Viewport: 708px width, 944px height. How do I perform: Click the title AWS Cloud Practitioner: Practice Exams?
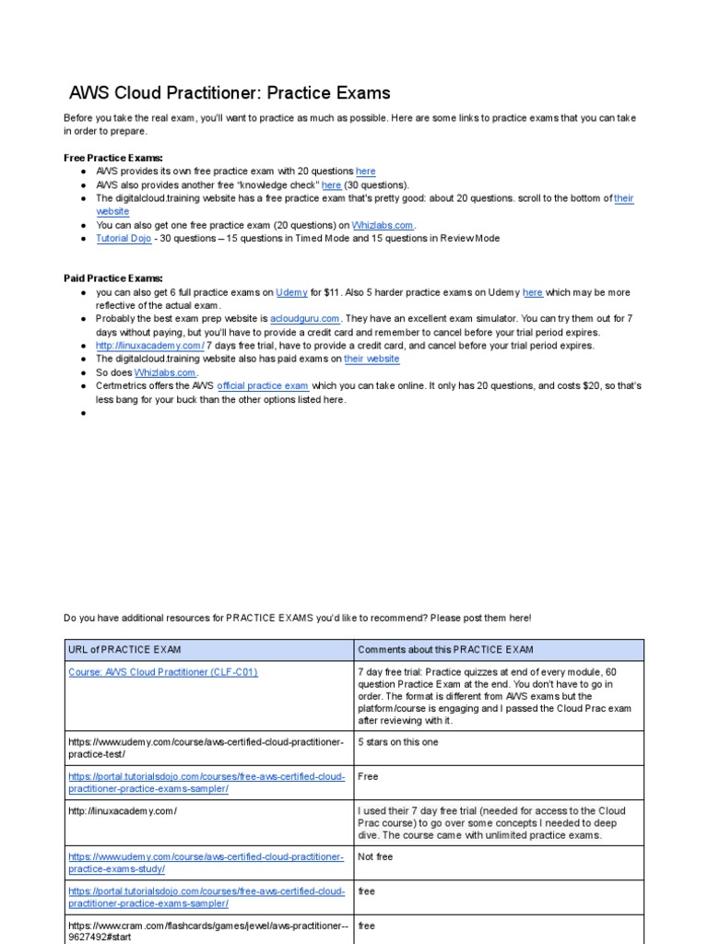click(230, 93)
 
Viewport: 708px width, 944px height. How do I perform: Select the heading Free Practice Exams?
click(112, 158)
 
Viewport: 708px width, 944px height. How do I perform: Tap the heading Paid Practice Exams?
click(112, 277)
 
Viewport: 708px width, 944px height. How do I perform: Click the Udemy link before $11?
click(291, 292)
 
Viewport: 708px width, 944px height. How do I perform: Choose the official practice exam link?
click(262, 385)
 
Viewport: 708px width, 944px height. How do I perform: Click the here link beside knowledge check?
click(331, 184)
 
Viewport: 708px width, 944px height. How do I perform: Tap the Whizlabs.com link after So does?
click(166, 372)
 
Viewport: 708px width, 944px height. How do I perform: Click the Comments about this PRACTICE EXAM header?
click(445, 650)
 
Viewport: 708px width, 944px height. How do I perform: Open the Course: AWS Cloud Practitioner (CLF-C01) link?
click(163, 672)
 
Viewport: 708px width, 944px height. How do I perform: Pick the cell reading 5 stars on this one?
click(397, 742)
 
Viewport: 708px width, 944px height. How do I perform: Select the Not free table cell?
click(375, 856)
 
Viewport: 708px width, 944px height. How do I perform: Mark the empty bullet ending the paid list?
click(83, 413)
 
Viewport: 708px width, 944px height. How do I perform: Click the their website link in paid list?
click(372, 359)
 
